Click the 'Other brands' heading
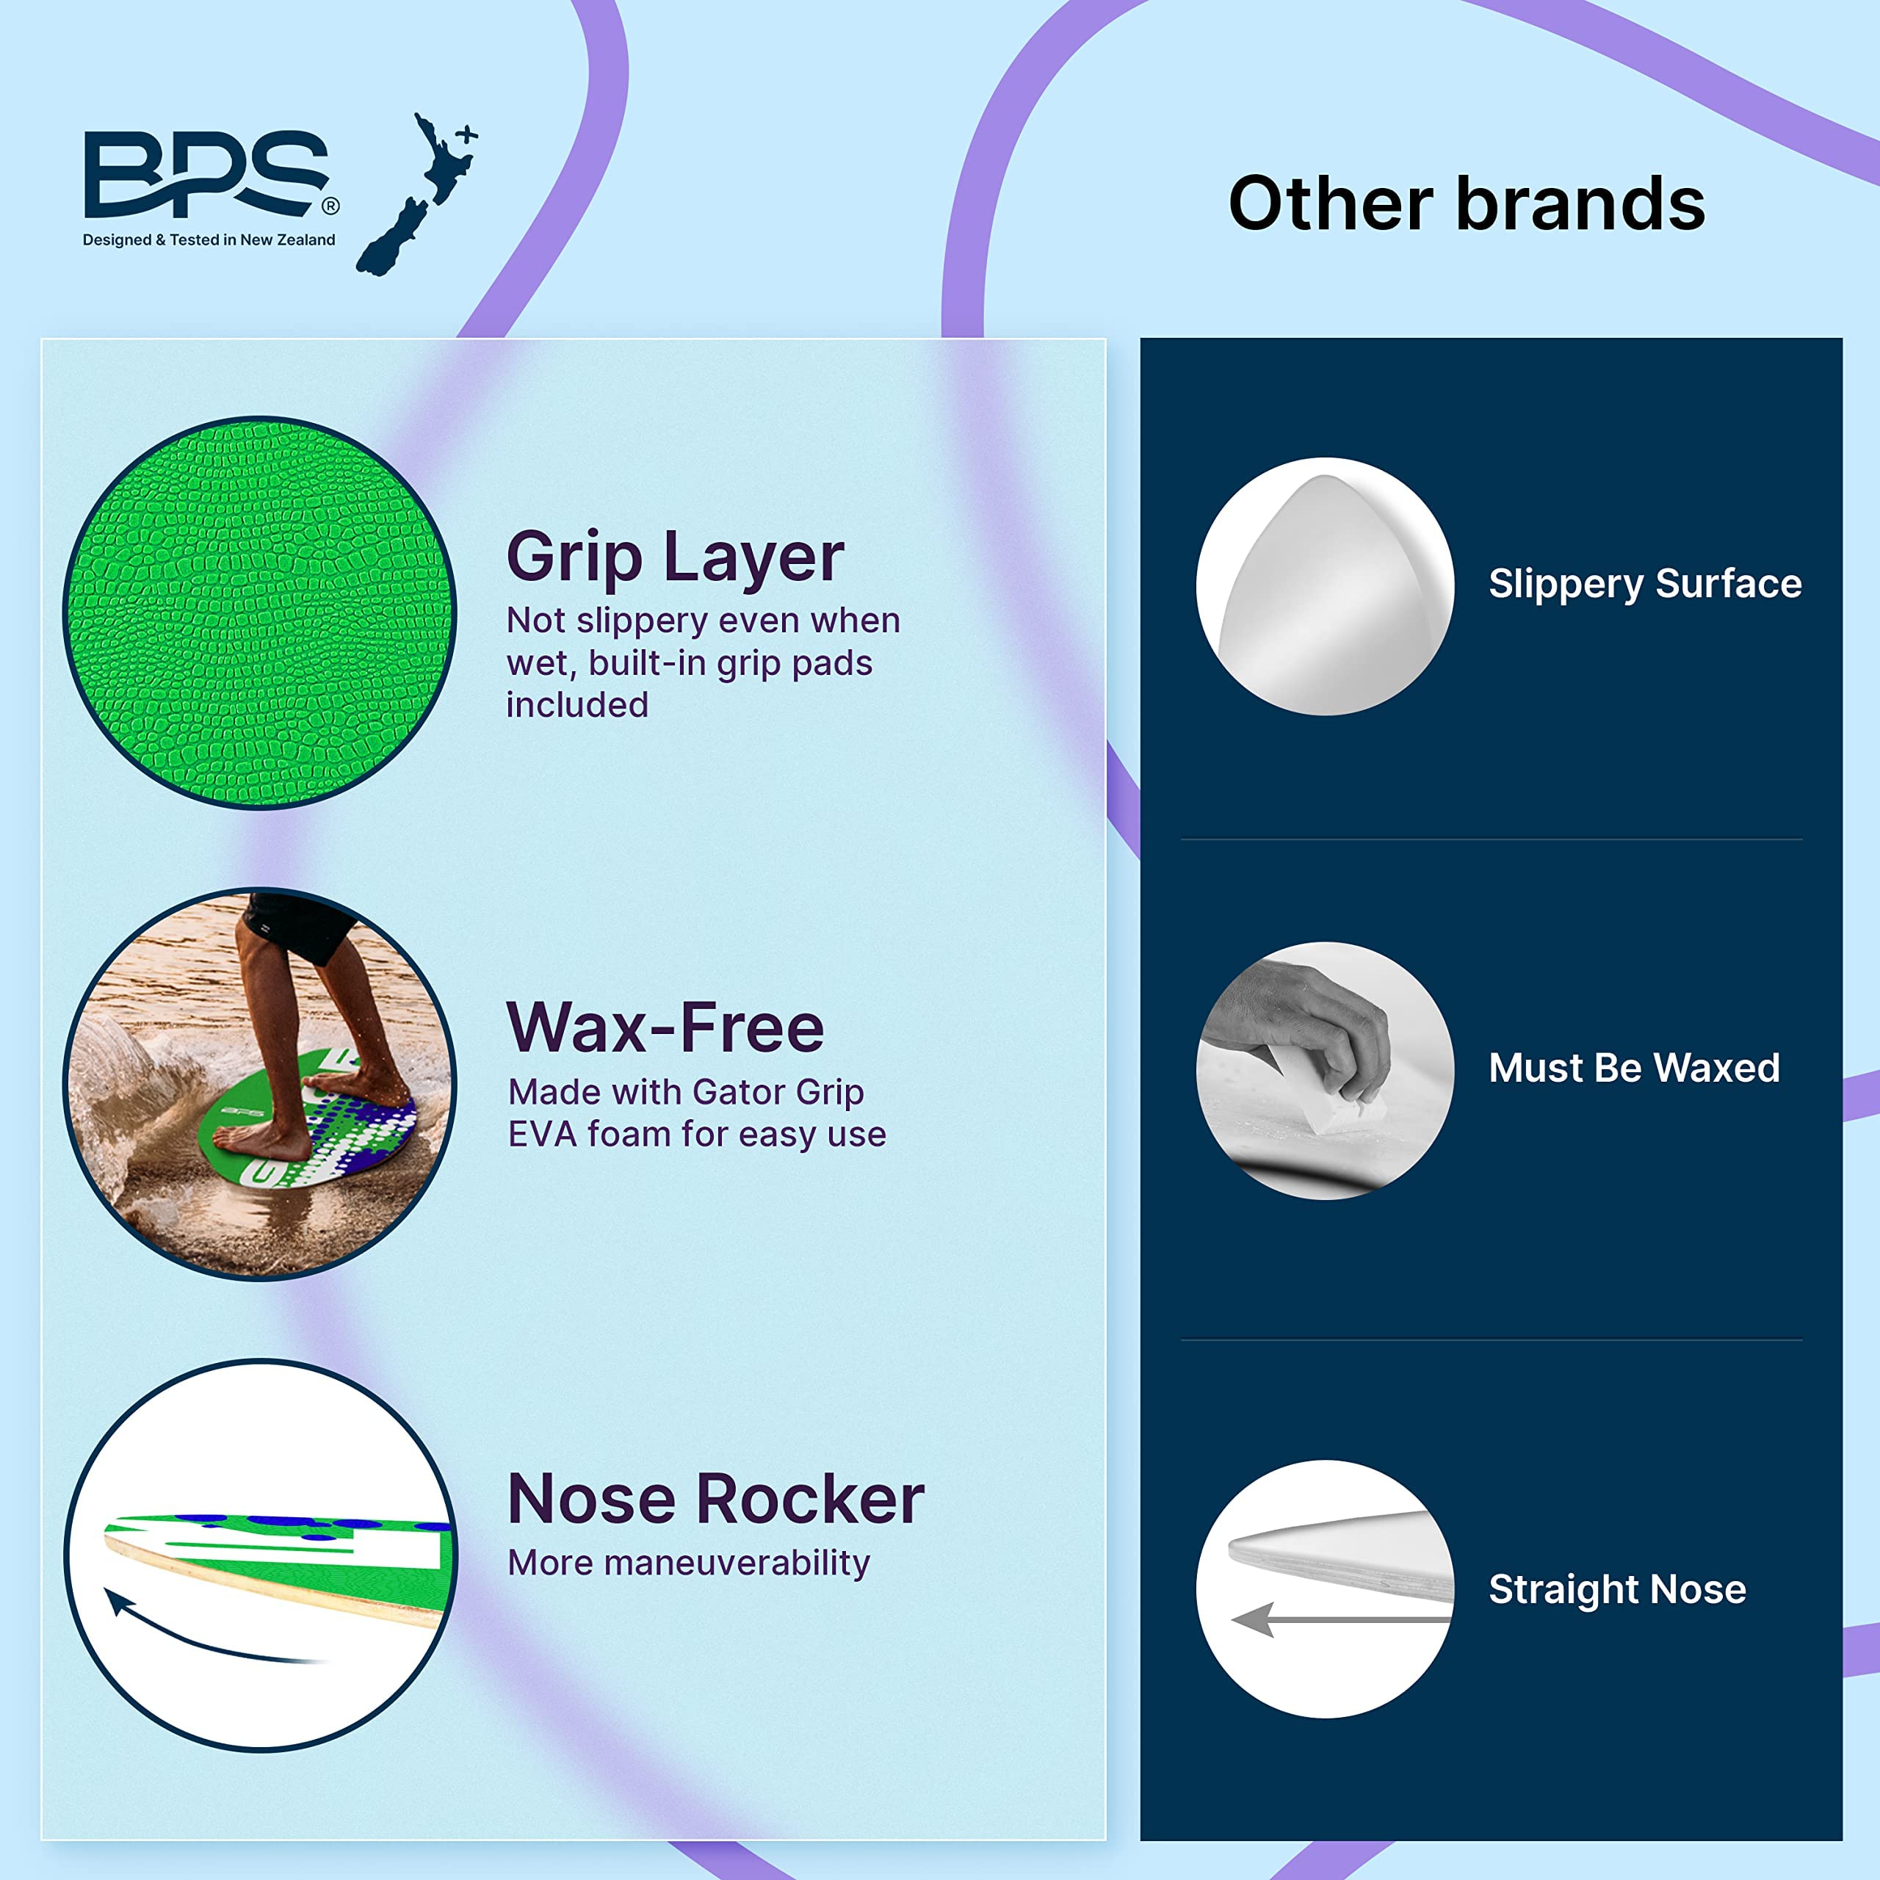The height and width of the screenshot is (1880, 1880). coord(1466,203)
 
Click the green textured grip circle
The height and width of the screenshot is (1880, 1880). coord(258,613)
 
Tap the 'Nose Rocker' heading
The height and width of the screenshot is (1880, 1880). coord(715,1499)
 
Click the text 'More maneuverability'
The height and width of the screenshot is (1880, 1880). coord(688,1563)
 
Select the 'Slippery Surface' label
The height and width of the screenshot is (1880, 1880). coord(1644,584)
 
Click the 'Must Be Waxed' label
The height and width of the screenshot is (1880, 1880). coord(1634,1069)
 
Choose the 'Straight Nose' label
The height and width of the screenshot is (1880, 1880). coord(1617,1589)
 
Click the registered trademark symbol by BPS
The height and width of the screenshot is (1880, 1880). coord(331,206)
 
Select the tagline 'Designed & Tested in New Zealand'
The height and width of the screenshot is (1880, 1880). coord(209,240)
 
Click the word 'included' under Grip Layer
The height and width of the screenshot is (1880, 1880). coord(577,704)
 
